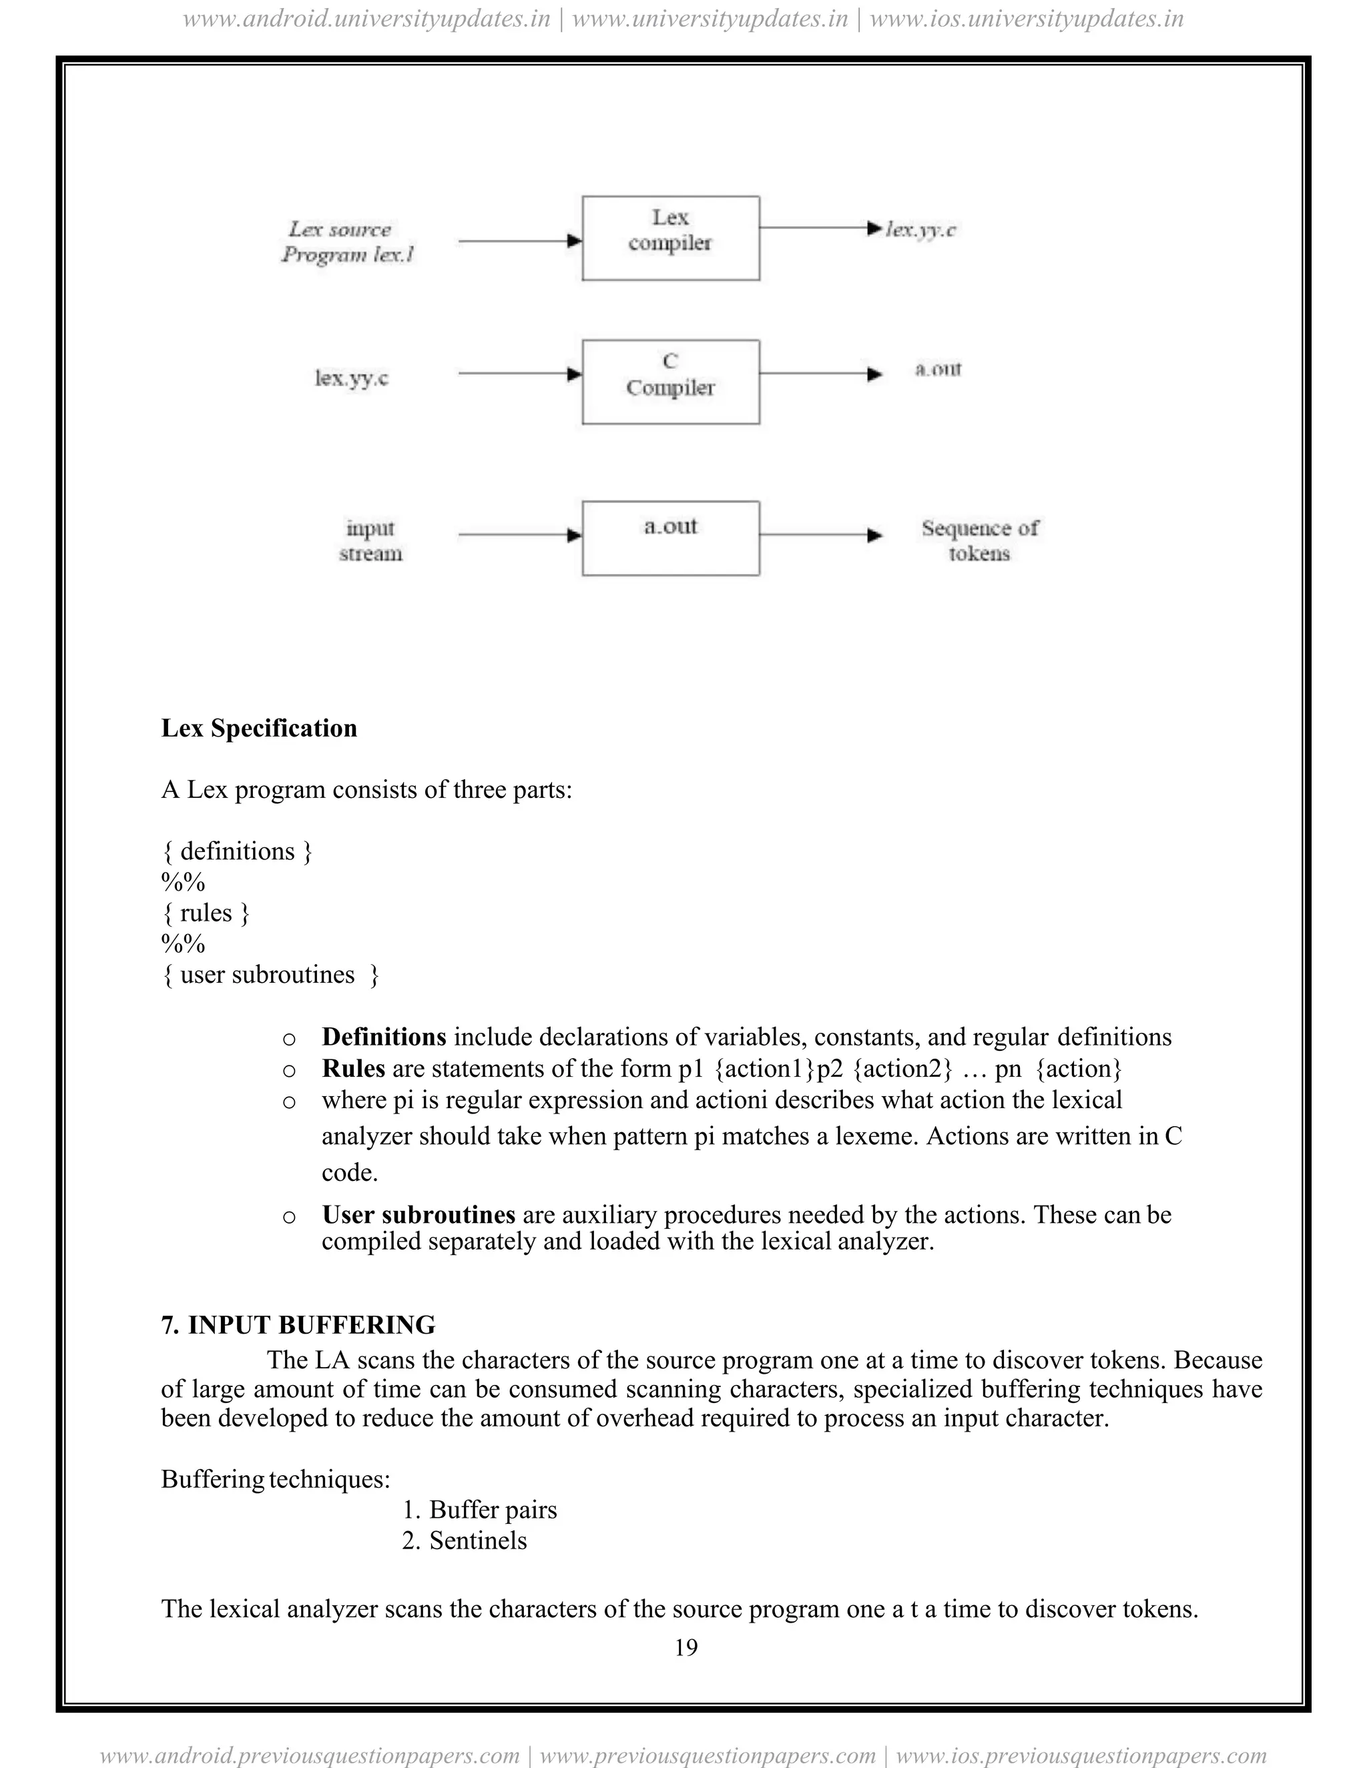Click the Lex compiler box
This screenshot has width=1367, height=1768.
[x=671, y=238]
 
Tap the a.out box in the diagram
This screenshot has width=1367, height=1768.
[x=671, y=538]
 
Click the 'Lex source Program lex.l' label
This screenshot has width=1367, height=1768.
[x=346, y=242]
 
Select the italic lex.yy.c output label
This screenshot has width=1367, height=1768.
[x=920, y=230]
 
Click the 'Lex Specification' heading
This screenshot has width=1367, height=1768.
[x=259, y=728]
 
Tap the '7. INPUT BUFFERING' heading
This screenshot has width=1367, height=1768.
[x=298, y=1324]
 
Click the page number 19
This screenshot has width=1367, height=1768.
[x=685, y=1647]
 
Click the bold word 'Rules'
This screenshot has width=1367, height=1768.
[x=353, y=1069]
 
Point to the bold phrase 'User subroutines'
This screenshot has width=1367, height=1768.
[x=418, y=1214]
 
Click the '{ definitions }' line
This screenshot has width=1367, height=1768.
[x=236, y=851]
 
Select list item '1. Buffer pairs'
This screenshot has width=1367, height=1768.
[x=479, y=1510]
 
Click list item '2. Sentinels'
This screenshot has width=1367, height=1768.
[x=464, y=1540]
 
